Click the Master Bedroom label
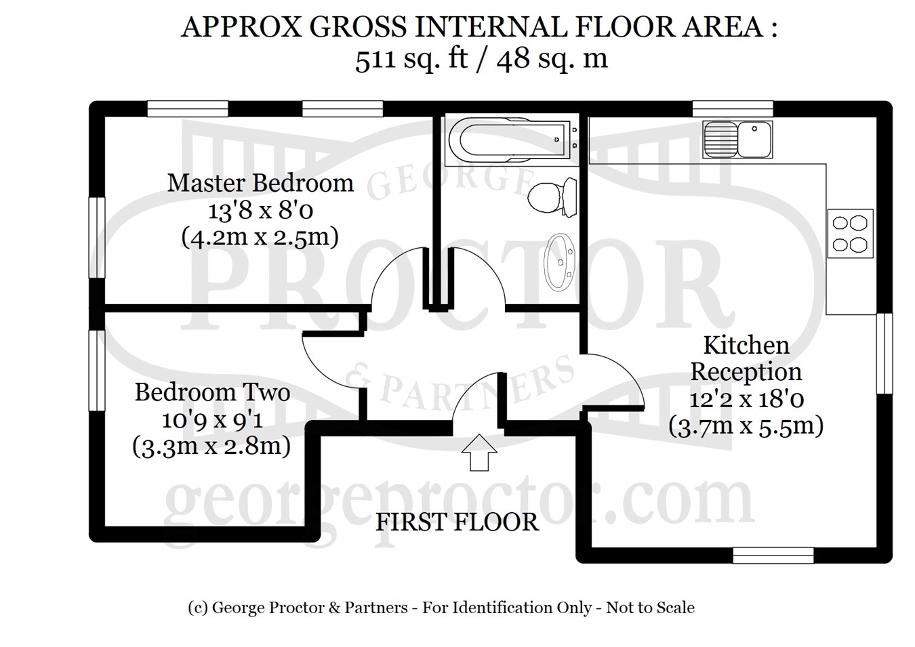(260, 183)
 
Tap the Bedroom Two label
(212, 392)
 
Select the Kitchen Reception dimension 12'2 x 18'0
(747, 399)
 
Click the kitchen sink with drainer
(737, 139)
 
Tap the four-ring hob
(850, 234)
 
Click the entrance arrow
(479, 453)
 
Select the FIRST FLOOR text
(457, 522)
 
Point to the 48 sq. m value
(552, 59)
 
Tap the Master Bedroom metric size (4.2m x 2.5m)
(260, 237)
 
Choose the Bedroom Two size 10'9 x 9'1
(212, 419)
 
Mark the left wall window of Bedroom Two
(97, 370)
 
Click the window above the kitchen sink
(733, 108)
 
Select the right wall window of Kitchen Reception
(884, 354)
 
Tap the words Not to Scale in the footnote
(650, 608)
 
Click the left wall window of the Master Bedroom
(97, 238)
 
